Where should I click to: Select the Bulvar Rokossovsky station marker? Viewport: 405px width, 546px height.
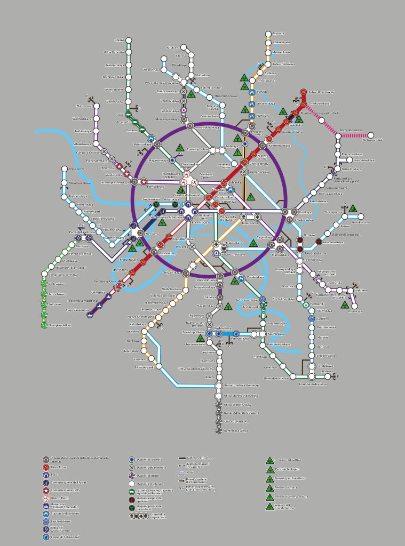point(304,92)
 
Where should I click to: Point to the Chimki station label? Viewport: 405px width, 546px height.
point(119,40)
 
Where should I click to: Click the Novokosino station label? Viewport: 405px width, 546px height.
point(360,223)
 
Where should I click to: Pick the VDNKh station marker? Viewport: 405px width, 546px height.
point(251,92)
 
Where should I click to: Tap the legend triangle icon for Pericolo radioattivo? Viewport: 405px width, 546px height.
point(269,459)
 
